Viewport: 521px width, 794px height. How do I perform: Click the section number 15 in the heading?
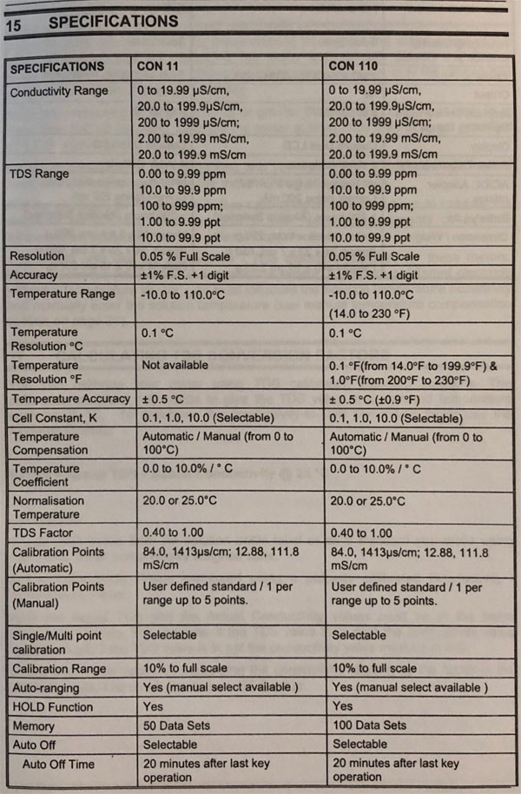pos(14,25)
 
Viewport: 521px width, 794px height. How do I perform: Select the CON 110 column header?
pos(353,67)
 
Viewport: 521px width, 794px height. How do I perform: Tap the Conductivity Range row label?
pos(59,91)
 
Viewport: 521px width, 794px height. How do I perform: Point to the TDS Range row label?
pos(39,174)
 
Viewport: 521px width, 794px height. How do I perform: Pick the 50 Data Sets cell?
pos(176,725)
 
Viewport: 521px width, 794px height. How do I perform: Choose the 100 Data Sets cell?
pos(370,725)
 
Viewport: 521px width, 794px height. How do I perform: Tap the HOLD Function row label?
pos(52,707)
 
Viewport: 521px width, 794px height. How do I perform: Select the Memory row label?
pos(34,726)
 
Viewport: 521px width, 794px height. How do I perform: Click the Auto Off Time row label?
pos(59,764)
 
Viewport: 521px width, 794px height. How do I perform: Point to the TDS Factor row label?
pos(43,533)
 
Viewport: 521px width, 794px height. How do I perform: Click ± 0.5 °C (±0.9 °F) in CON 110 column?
pos(387,400)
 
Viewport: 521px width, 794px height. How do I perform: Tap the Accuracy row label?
pos(34,275)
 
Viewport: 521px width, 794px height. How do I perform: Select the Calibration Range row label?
pos(59,669)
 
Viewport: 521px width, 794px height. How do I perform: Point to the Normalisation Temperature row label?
pos(49,507)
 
